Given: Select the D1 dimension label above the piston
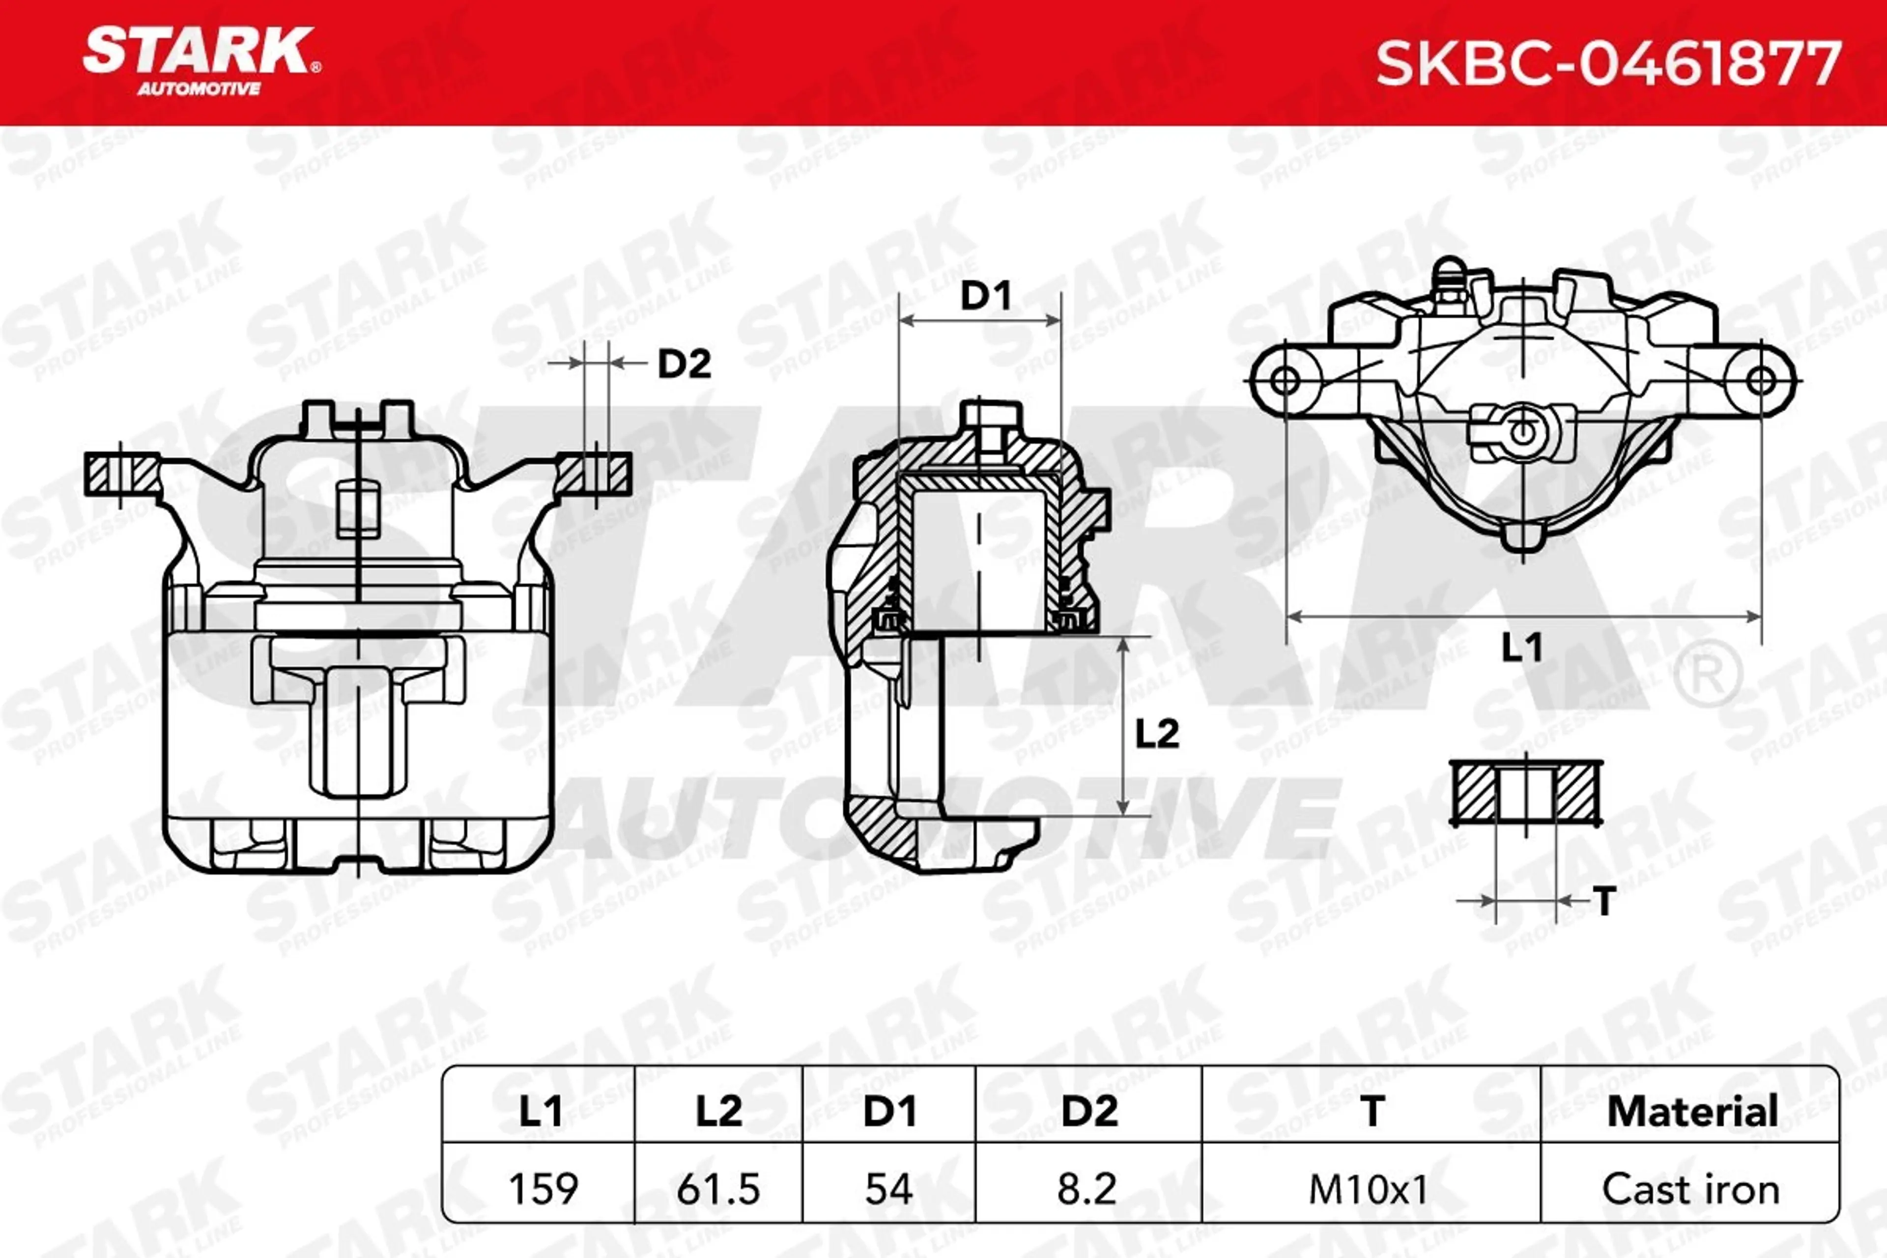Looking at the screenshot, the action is coord(986,297).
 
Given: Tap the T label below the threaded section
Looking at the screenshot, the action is coord(1604,902).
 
